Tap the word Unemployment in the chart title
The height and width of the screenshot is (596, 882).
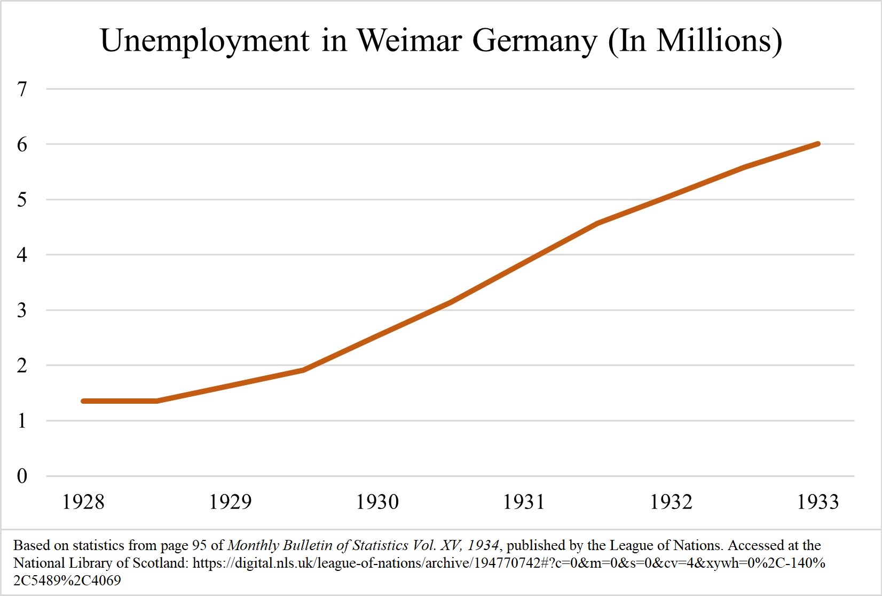(x=204, y=41)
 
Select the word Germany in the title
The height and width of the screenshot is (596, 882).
(x=534, y=41)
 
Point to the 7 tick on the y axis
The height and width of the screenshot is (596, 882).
(x=22, y=89)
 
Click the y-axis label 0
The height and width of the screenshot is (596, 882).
(x=22, y=476)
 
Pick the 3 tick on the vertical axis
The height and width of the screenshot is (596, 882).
(x=22, y=310)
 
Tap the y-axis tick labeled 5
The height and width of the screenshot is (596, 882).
(x=22, y=200)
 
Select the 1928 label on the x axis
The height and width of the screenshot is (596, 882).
(x=83, y=502)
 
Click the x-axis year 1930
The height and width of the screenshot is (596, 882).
(x=377, y=502)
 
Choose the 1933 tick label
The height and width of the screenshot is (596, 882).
(x=817, y=502)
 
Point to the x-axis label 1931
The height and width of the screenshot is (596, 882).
(x=524, y=502)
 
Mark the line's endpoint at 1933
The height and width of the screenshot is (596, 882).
(x=817, y=144)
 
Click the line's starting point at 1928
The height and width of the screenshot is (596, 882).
(x=83, y=401)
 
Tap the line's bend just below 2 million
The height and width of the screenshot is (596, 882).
(x=303, y=370)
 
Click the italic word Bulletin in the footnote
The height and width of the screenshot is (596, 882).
(x=308, y=545)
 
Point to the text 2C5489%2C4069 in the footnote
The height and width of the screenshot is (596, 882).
(x=67, y=580)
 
